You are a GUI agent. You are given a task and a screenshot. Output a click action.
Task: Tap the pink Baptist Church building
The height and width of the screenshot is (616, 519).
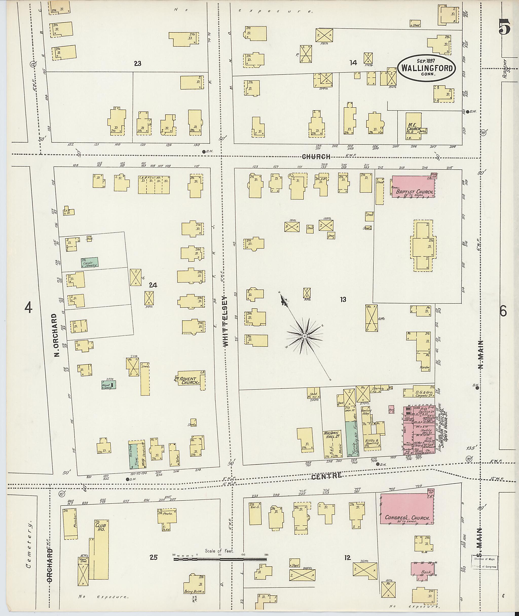point(413,186)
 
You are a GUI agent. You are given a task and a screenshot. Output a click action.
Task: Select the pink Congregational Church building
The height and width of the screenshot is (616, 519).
point(407,508)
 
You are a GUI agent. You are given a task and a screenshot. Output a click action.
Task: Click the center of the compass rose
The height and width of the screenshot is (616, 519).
point(305,336)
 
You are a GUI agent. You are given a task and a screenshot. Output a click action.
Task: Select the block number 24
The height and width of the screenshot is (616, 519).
point(153,285)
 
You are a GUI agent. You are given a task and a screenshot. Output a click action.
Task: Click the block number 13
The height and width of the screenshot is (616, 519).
point(343,300)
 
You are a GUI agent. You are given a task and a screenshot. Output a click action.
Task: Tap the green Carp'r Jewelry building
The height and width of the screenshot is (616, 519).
point(89,262)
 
